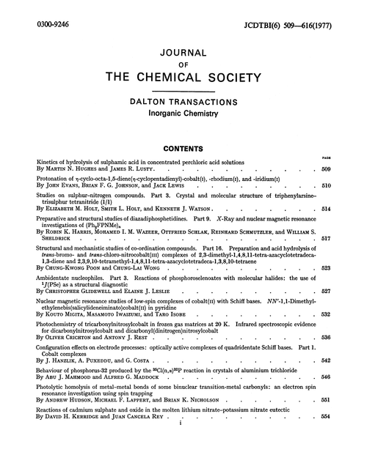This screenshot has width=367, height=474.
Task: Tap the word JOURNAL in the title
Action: (183, 52)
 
